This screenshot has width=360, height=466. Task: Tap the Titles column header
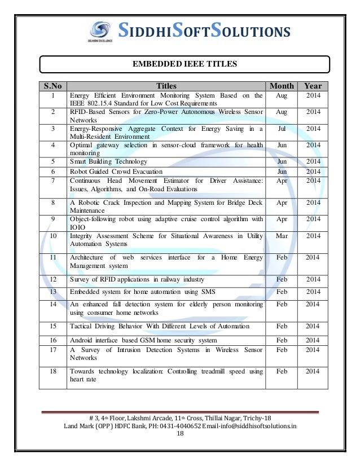click(166, 86)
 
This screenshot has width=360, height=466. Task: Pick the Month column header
click(282, 86)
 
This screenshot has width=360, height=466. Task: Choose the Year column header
click(313, 86)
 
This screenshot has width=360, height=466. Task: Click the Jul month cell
click(282, 129)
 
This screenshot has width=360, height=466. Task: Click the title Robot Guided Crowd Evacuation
click(116, 171)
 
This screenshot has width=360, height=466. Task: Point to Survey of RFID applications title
click(137, 279)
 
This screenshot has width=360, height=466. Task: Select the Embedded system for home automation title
click(142, 292)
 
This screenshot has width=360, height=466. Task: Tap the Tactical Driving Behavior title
click(159, 326)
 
